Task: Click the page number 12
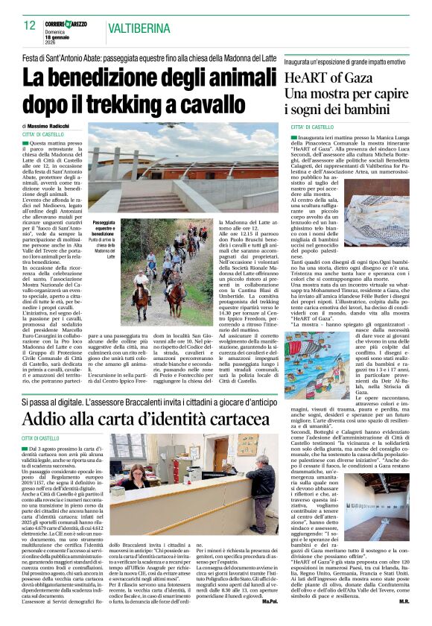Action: tap(30, 26)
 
